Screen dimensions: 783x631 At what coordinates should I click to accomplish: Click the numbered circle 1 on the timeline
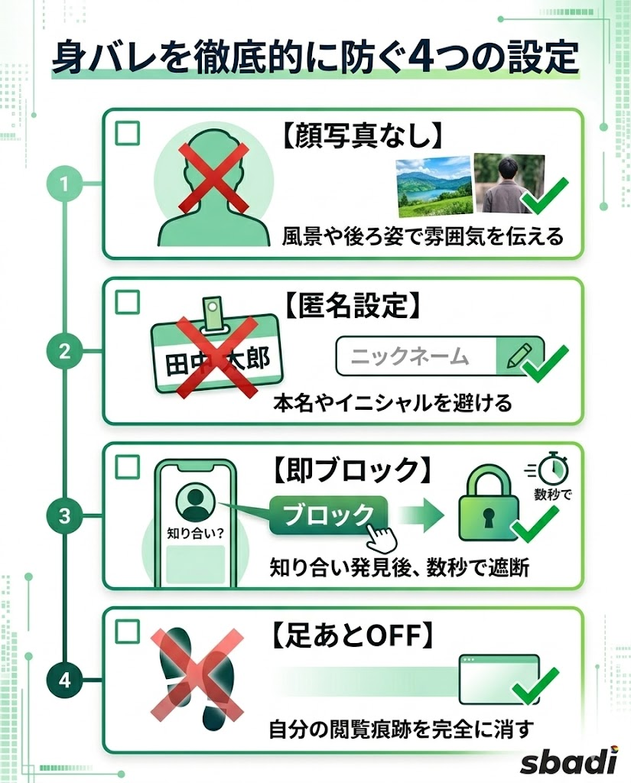coord(65,184)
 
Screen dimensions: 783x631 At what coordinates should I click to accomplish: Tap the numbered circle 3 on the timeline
coord(65,516)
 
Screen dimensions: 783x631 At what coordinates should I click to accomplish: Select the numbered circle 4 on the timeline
coord(65,680)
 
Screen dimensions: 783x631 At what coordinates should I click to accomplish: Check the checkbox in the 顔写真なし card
coord(127,134)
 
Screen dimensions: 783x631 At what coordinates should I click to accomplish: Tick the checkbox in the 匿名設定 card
coord(127,301)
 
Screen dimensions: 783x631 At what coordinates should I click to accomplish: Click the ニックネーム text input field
coord(417,356)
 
